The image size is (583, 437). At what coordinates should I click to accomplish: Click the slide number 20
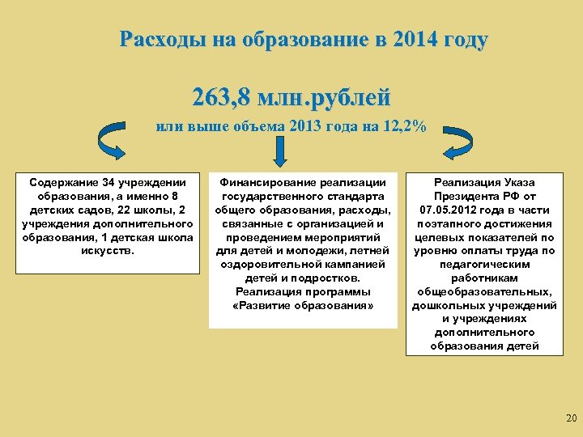tap(570, 418)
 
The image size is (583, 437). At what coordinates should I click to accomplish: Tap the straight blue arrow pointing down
tap(280, 151)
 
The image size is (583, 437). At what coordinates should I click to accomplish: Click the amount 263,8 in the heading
tap(221, 97)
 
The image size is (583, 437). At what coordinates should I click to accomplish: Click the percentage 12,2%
tap(406, 127)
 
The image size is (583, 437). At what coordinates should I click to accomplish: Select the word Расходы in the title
tap(159, 40)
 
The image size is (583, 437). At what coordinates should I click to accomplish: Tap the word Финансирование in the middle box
tap(260, 183)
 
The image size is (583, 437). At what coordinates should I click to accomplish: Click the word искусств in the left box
tap(108, 250)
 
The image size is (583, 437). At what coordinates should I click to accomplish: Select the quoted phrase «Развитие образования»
tap(303, 305)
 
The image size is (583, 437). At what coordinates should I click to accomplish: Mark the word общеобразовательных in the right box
tap(484, 291)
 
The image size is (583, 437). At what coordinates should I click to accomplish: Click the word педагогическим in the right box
tap(484, 264)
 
